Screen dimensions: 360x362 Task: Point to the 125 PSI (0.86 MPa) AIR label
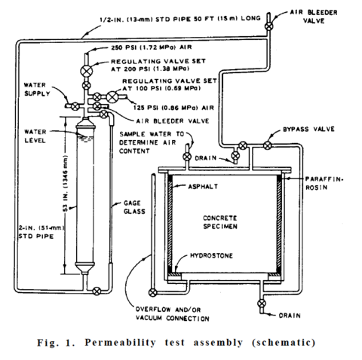tap(155, 108)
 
